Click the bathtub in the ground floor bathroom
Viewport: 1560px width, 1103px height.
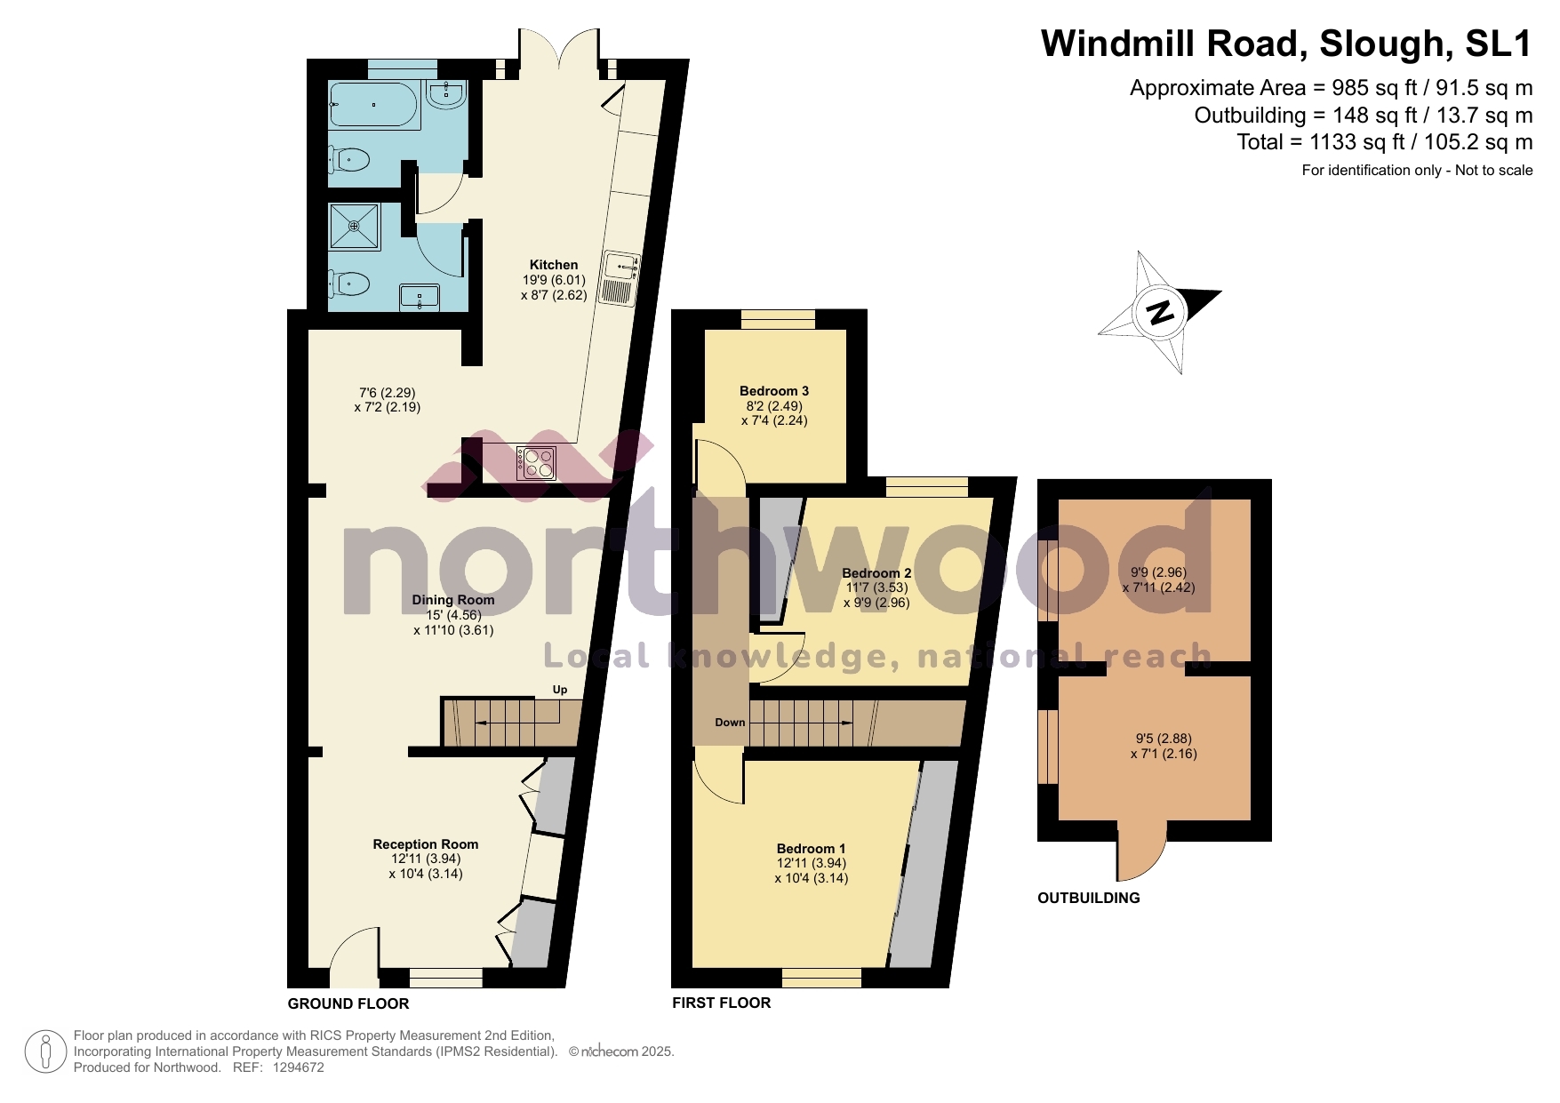(x=372, y=105)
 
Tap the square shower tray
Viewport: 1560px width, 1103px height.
(x=355, y=227)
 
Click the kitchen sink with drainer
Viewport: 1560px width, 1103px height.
(x=620, y=278)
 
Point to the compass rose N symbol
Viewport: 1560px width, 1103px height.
(x=1160, y=312)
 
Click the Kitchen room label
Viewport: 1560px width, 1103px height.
(x=554, y=265)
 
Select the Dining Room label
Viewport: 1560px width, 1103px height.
(x=453, y=600)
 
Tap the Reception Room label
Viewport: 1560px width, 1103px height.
(x=426, y=844)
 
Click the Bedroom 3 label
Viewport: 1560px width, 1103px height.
(x=774, y=391)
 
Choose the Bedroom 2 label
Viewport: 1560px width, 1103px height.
(x=876, y=573)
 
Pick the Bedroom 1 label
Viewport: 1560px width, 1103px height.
(x=812, y=849)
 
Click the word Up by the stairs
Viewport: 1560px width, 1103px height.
(x=560, y=690)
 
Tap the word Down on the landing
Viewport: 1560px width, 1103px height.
(x=730, y=723)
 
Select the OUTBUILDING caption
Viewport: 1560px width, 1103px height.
(x=1089, y=898)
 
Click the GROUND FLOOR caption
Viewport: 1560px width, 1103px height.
(x=348, y=1003)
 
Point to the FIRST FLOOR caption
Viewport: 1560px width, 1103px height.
(x=722, y=1003)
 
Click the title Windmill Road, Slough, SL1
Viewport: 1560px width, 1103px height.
(x=1286, y=44)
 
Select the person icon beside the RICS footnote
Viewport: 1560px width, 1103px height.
(x=44, y=1051)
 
